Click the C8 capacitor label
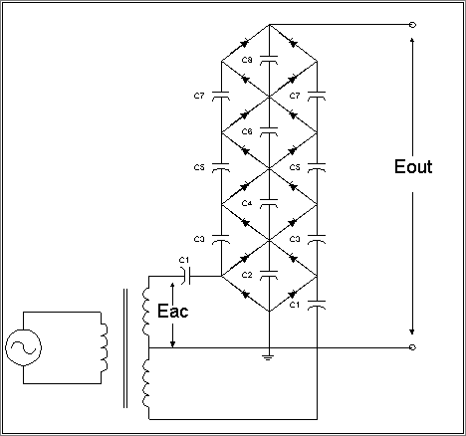pos(247,60)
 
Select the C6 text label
pos(247,131)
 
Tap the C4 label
pos(247,203)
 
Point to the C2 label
pos(247,275)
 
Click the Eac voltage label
pos(172,311)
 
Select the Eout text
pos(413,166)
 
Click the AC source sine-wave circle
pos(23,347)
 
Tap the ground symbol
pos(269,357)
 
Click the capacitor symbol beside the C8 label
pos(269,59)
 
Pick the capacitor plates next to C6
pos(269,130)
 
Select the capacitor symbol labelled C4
pos(269,202)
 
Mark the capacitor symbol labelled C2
pos(269,274)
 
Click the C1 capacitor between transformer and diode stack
pos(186,276)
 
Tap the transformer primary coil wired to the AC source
pos(104,347)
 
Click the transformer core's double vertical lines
pos(125,348)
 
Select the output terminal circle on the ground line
pos(412,347)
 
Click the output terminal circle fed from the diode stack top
pos(412,25)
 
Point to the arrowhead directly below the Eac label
pos(172,344)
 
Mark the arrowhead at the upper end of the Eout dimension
pos(412,41)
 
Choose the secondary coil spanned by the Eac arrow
pos(146,312)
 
